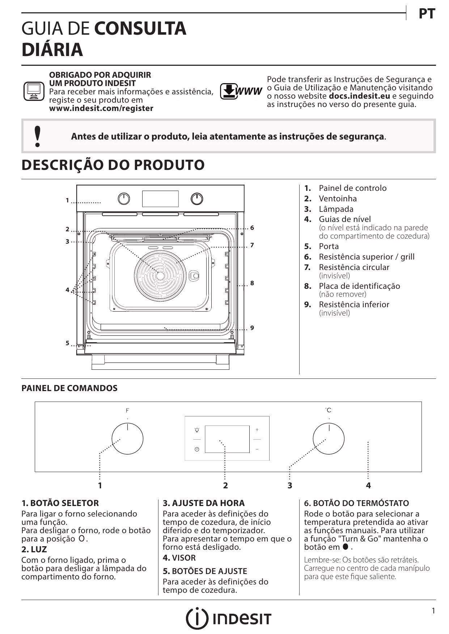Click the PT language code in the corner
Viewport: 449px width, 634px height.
(x=427, y=14)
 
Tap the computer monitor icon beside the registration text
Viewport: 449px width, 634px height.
(x=34, y=91)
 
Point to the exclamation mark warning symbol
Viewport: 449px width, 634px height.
(x=37, y=137)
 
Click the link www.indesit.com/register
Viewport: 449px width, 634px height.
(x=101, y=108)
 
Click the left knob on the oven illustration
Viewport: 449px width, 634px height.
(x=124, y=199)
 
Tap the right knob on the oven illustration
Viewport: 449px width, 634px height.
(x=197, y=199)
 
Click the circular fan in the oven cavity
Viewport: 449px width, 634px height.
(x=160, y=275)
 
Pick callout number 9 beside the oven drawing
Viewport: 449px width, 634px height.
(x=252, y=328)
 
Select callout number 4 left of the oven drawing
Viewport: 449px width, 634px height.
(x=67, y=290)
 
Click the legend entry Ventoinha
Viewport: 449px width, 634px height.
(x=338, y=198)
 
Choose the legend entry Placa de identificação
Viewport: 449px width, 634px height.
(x=359, y=286)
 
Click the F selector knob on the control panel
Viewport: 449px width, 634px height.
(x=127, y=439)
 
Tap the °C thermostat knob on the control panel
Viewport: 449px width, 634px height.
(x=329, y=439)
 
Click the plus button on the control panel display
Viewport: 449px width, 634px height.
(x=257, y=430)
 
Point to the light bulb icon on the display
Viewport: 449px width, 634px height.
(x=197, y=430)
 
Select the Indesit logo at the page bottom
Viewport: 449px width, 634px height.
(x=228, y=619)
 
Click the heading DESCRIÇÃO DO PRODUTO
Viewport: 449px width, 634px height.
(x=113, y=165)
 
